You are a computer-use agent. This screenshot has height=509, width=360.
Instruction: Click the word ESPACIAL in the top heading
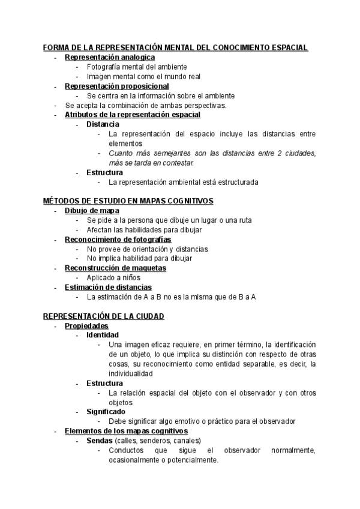287,47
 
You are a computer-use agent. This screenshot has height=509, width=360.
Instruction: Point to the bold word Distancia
103,124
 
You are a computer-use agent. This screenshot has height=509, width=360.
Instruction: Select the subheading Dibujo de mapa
92,210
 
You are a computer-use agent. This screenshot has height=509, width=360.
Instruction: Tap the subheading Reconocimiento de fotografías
113,239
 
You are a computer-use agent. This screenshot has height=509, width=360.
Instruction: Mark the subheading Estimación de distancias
108,287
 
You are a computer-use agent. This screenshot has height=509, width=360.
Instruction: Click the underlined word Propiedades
86,325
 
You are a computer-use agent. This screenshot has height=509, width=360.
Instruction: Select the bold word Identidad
103,335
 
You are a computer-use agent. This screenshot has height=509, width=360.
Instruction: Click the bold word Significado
106,412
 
